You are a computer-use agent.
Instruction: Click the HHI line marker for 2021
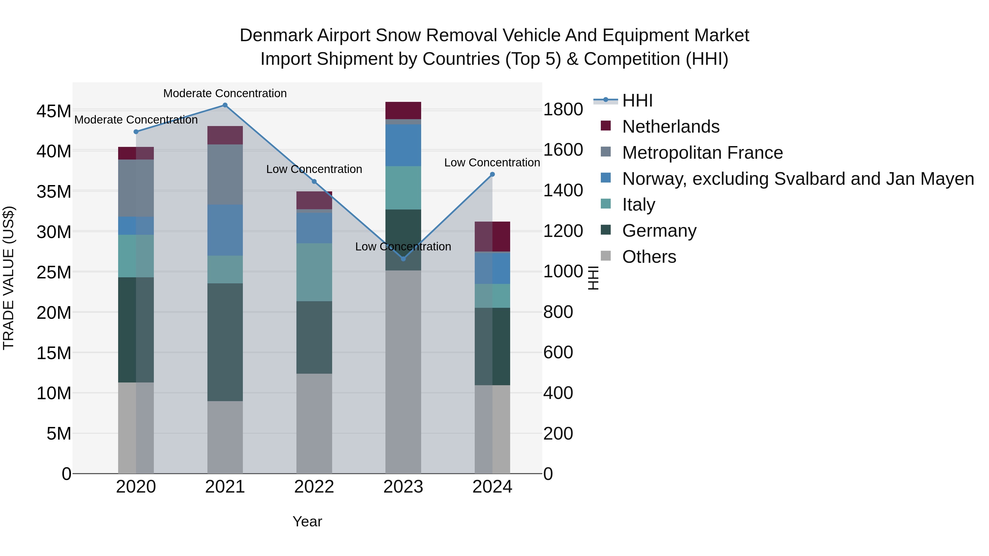tap(225, 105)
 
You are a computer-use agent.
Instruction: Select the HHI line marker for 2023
tap(403, 259)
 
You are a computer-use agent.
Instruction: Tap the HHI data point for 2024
tap(492, 174)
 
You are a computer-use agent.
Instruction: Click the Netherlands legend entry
tap(670, 127)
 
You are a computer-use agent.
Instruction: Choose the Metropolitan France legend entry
tap(702, 153)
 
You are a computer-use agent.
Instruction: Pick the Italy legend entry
tap(638, 205)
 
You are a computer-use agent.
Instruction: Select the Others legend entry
tap(649, 257)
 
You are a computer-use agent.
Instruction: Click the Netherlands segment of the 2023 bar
tap(403, 110)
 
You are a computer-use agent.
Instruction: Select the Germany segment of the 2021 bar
tap(225, 342)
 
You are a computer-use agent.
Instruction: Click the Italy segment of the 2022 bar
tap(314, 272)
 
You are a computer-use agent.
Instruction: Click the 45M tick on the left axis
tap(54, 111)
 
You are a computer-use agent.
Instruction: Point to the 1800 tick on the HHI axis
tap(563, 109)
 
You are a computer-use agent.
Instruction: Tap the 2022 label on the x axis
tap(314, 487)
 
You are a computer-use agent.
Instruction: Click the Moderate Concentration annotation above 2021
tap(225, 93)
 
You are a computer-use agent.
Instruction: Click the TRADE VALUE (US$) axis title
tap(9, 278)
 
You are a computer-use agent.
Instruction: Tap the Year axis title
tap(307, 521)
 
